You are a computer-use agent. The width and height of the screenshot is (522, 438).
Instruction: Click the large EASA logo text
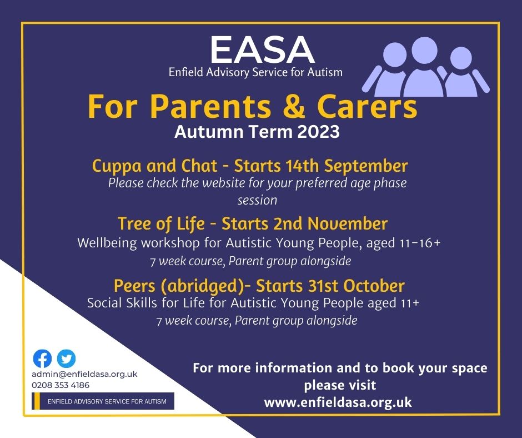click(x=262, y=50)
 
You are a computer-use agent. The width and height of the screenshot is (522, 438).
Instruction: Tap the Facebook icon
click(x=42, y=359)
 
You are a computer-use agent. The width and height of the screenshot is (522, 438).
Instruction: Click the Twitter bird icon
click(x=66, y=359)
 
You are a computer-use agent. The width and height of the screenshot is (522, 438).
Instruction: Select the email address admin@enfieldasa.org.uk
click(x=84, y=374)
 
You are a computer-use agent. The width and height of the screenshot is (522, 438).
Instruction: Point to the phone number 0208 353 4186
click(x=61, y=385)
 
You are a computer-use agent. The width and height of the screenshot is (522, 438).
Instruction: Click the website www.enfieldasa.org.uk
click(x=338, y=402)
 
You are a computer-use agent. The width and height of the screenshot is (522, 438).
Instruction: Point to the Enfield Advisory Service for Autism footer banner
click(x=103, y=401)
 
